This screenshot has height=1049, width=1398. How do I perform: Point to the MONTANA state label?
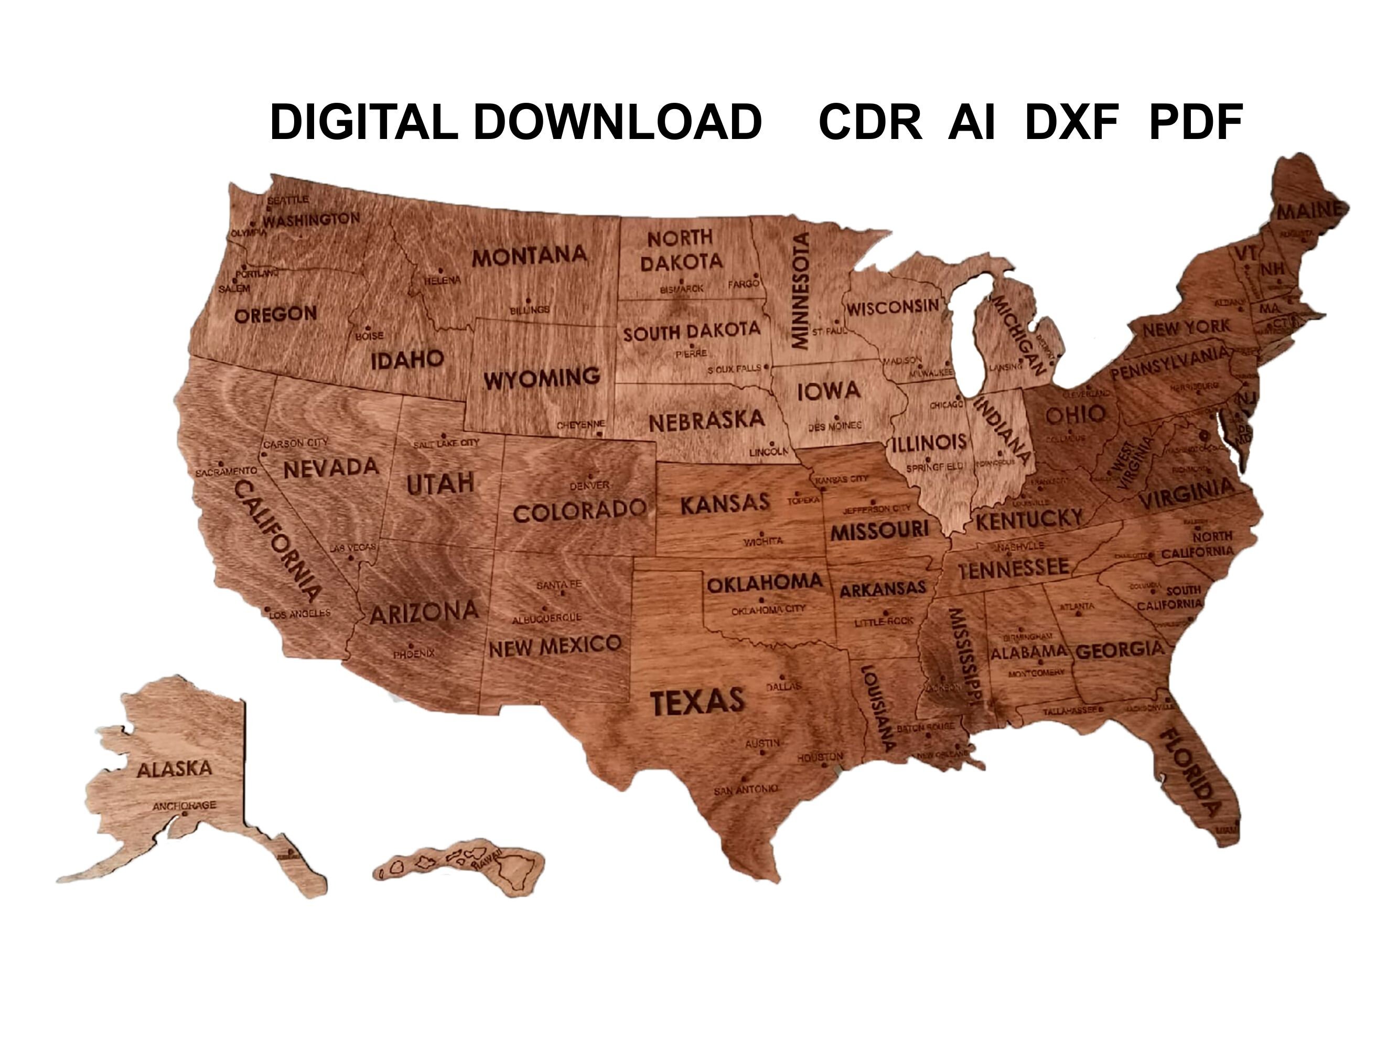click(x=530, y=255)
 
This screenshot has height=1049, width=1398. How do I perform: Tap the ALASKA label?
click(x=175, y=769)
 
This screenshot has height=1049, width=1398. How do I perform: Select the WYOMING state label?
click(x=542, y=379)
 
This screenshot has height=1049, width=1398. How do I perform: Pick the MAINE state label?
click(x=1308, y=210)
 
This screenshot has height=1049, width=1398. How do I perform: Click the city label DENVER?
click(x=589, y=486)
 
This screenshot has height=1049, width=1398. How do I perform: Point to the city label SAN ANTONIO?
click(x=745, y=790)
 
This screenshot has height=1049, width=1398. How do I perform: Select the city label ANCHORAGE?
click(x=184, y=806)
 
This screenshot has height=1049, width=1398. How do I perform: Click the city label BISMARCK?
click(x=681, y=289)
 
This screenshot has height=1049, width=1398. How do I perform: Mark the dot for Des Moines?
click(x=837, y=418)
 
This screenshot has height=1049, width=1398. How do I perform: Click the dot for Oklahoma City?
click(x=761, y=601)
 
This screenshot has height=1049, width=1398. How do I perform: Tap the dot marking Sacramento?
click(x=221, y=464)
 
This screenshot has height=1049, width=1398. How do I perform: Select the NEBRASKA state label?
click(x=706, y=421)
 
